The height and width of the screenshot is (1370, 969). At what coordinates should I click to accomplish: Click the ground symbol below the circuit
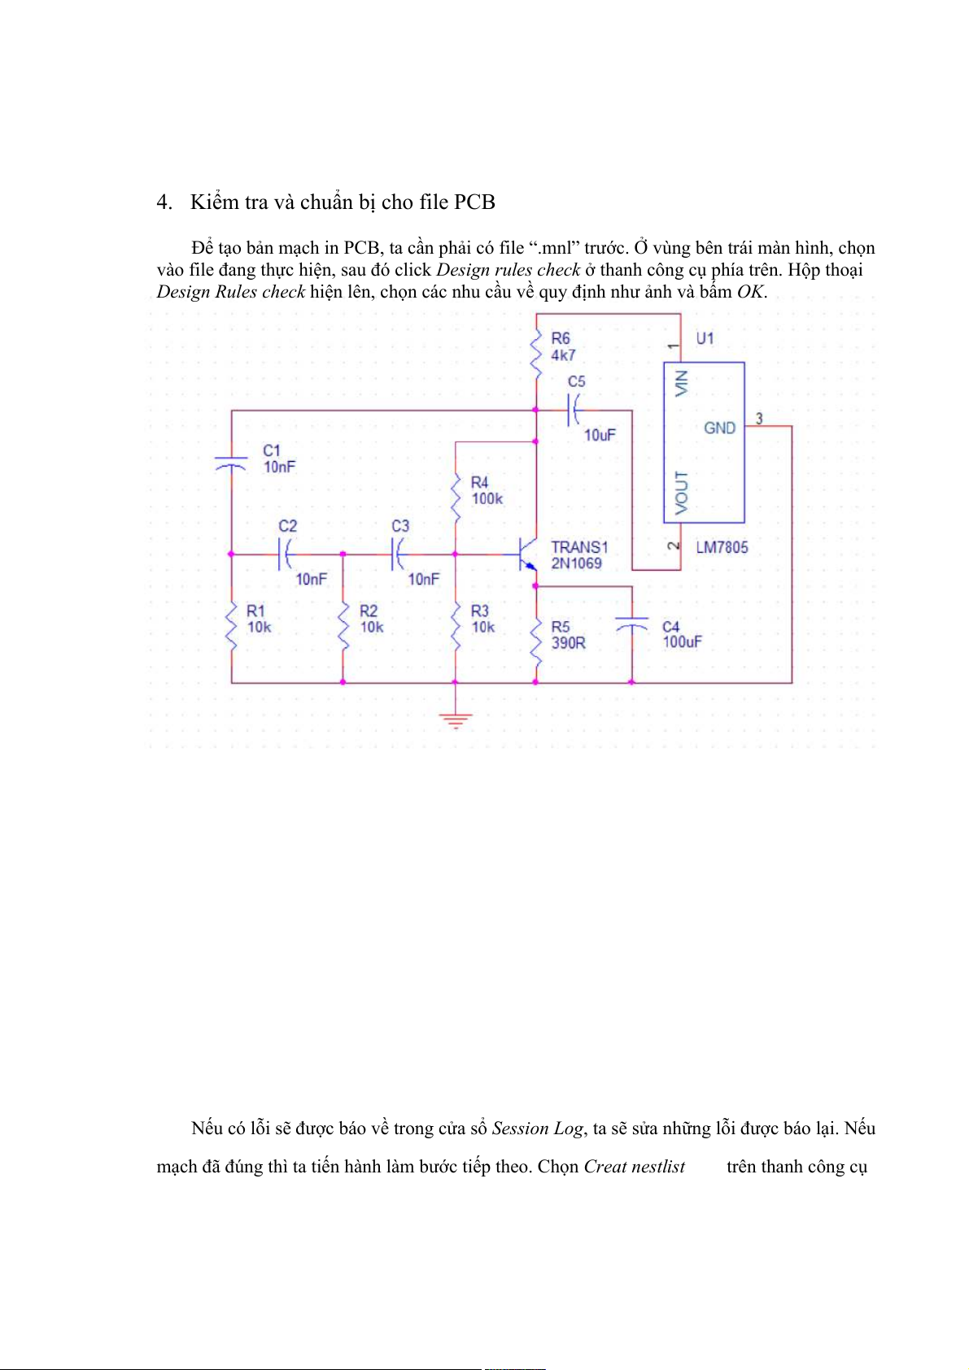click(x=455, y=719)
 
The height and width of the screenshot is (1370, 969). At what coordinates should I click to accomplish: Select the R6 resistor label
click(x=561, y=338)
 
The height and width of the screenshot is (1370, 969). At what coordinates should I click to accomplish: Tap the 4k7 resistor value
click(x=562, y=355)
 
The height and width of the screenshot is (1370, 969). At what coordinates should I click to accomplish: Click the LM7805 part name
click(x=722, y=547)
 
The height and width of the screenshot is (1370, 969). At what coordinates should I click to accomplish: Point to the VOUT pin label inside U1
click(x=681, y=492)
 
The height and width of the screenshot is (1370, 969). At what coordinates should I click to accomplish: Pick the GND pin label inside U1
click(x=719, y=428)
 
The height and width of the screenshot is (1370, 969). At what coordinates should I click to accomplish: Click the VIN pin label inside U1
click(x=681, y=383)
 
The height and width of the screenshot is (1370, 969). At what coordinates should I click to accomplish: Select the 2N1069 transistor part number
click(x=576, y=563)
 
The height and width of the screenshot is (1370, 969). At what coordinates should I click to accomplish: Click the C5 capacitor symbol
click(x=574, y=410)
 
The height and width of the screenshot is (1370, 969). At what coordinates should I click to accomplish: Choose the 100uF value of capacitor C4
click(x=682, y=642)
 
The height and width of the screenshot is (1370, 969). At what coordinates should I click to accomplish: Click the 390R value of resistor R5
click(x=568, y=643)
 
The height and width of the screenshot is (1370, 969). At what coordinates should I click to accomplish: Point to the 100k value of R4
click(x=487, y=499)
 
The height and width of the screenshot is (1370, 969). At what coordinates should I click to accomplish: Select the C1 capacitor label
click(x=271, y=450)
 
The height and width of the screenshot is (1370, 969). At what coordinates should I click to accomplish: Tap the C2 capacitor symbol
click(x=286, y=555)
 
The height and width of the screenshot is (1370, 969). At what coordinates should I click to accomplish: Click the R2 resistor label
click(x=369, y=611)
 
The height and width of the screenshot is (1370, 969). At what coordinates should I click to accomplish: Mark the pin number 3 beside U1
click(x=759, y=419)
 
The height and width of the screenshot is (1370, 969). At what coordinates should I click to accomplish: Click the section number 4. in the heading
click(x=164, y=202)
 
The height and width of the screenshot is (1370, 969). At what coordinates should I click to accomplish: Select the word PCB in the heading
click(x=474, y=202)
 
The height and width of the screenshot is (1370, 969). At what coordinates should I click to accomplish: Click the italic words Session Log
click(x=537, y=1129)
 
